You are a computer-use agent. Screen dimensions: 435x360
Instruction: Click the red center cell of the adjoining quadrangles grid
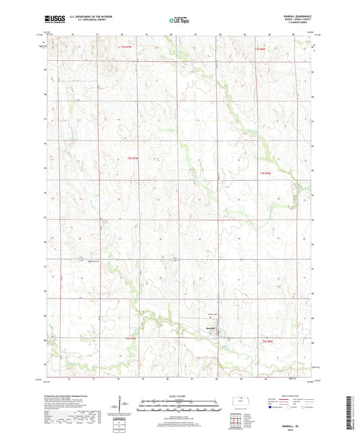click(236, 424)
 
